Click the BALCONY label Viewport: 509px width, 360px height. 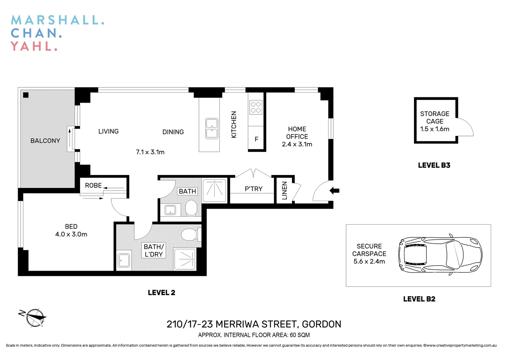pos(45,141)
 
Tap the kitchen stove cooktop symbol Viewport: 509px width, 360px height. pos(256,107)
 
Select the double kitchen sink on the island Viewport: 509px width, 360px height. pos(212,128)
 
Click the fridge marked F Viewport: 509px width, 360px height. pos(256,139)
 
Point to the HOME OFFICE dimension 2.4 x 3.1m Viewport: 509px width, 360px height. pos(297,144)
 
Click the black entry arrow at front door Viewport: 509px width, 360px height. pos(334,191)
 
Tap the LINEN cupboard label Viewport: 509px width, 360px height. pos(284,190)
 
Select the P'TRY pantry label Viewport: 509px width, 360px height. pos(253,189)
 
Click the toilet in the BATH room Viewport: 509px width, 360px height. pos(191,208)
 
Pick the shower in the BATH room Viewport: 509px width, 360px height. pos(215,190)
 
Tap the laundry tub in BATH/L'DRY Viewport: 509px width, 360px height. pos(124,260)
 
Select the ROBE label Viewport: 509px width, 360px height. pos(93,185)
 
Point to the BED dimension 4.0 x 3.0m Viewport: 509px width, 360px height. pos(71,234)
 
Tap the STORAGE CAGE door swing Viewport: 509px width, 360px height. pos(465,127)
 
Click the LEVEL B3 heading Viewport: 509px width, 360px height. pos(434,165)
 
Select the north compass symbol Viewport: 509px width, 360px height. pos(34,317)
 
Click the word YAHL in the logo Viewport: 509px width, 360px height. pos(34,46)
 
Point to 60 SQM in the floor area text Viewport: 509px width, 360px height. pos(300,335)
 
